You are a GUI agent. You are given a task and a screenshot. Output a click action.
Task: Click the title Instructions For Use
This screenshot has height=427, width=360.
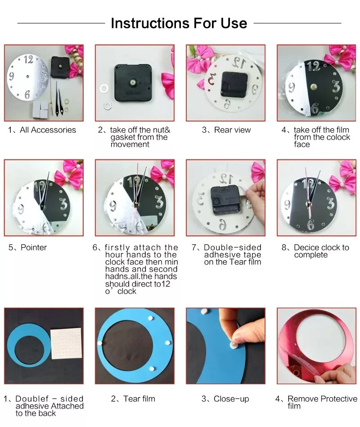[179, 23]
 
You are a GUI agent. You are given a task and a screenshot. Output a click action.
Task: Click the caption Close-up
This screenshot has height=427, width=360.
[225, 399]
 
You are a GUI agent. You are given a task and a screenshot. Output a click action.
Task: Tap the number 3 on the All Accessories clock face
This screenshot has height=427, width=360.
[44, 76]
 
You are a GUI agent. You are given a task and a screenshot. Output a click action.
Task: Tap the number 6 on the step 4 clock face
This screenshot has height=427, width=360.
[315, 109]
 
